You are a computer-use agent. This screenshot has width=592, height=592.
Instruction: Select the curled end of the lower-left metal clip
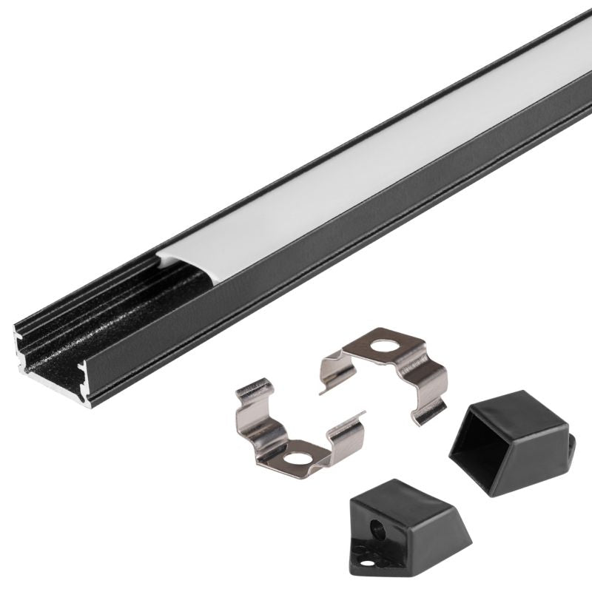click(x=252, y=386)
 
